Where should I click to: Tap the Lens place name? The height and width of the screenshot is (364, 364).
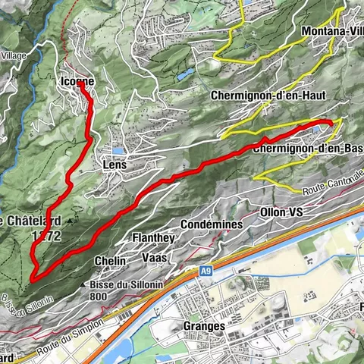coord(112,163)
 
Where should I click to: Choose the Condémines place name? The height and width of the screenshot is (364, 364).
coord(212,224)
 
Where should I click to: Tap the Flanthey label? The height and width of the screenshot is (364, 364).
coord(153,237)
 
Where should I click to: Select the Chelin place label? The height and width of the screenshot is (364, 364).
coord(105,261)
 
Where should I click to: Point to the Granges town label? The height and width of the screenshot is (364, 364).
coord(204,325)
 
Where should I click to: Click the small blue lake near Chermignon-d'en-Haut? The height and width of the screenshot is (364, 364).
coord(184,74)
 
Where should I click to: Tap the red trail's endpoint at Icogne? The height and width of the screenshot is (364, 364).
coord(80,86)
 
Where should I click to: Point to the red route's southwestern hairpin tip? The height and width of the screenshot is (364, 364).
coord(33,279)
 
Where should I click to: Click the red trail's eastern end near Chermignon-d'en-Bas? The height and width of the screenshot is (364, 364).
coord(331,124)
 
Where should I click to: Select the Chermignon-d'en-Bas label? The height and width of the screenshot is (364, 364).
coord(307,148)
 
